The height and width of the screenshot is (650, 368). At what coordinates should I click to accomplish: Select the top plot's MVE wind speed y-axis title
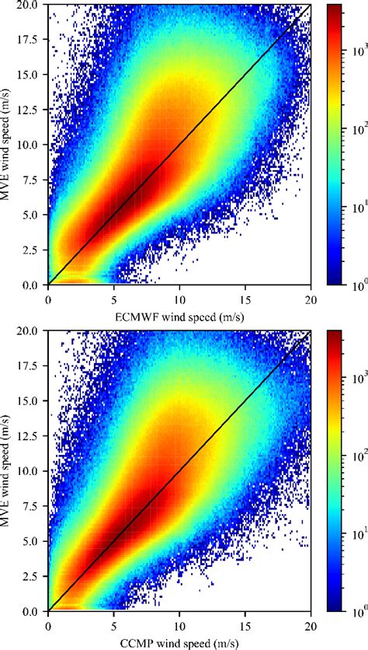pos(9,145)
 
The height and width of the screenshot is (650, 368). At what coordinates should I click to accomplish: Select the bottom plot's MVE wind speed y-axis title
pos(9,470)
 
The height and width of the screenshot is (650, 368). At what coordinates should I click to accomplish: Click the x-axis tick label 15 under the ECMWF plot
pos(245,298)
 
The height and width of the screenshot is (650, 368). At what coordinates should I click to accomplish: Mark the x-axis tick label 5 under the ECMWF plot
pos(114,298)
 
